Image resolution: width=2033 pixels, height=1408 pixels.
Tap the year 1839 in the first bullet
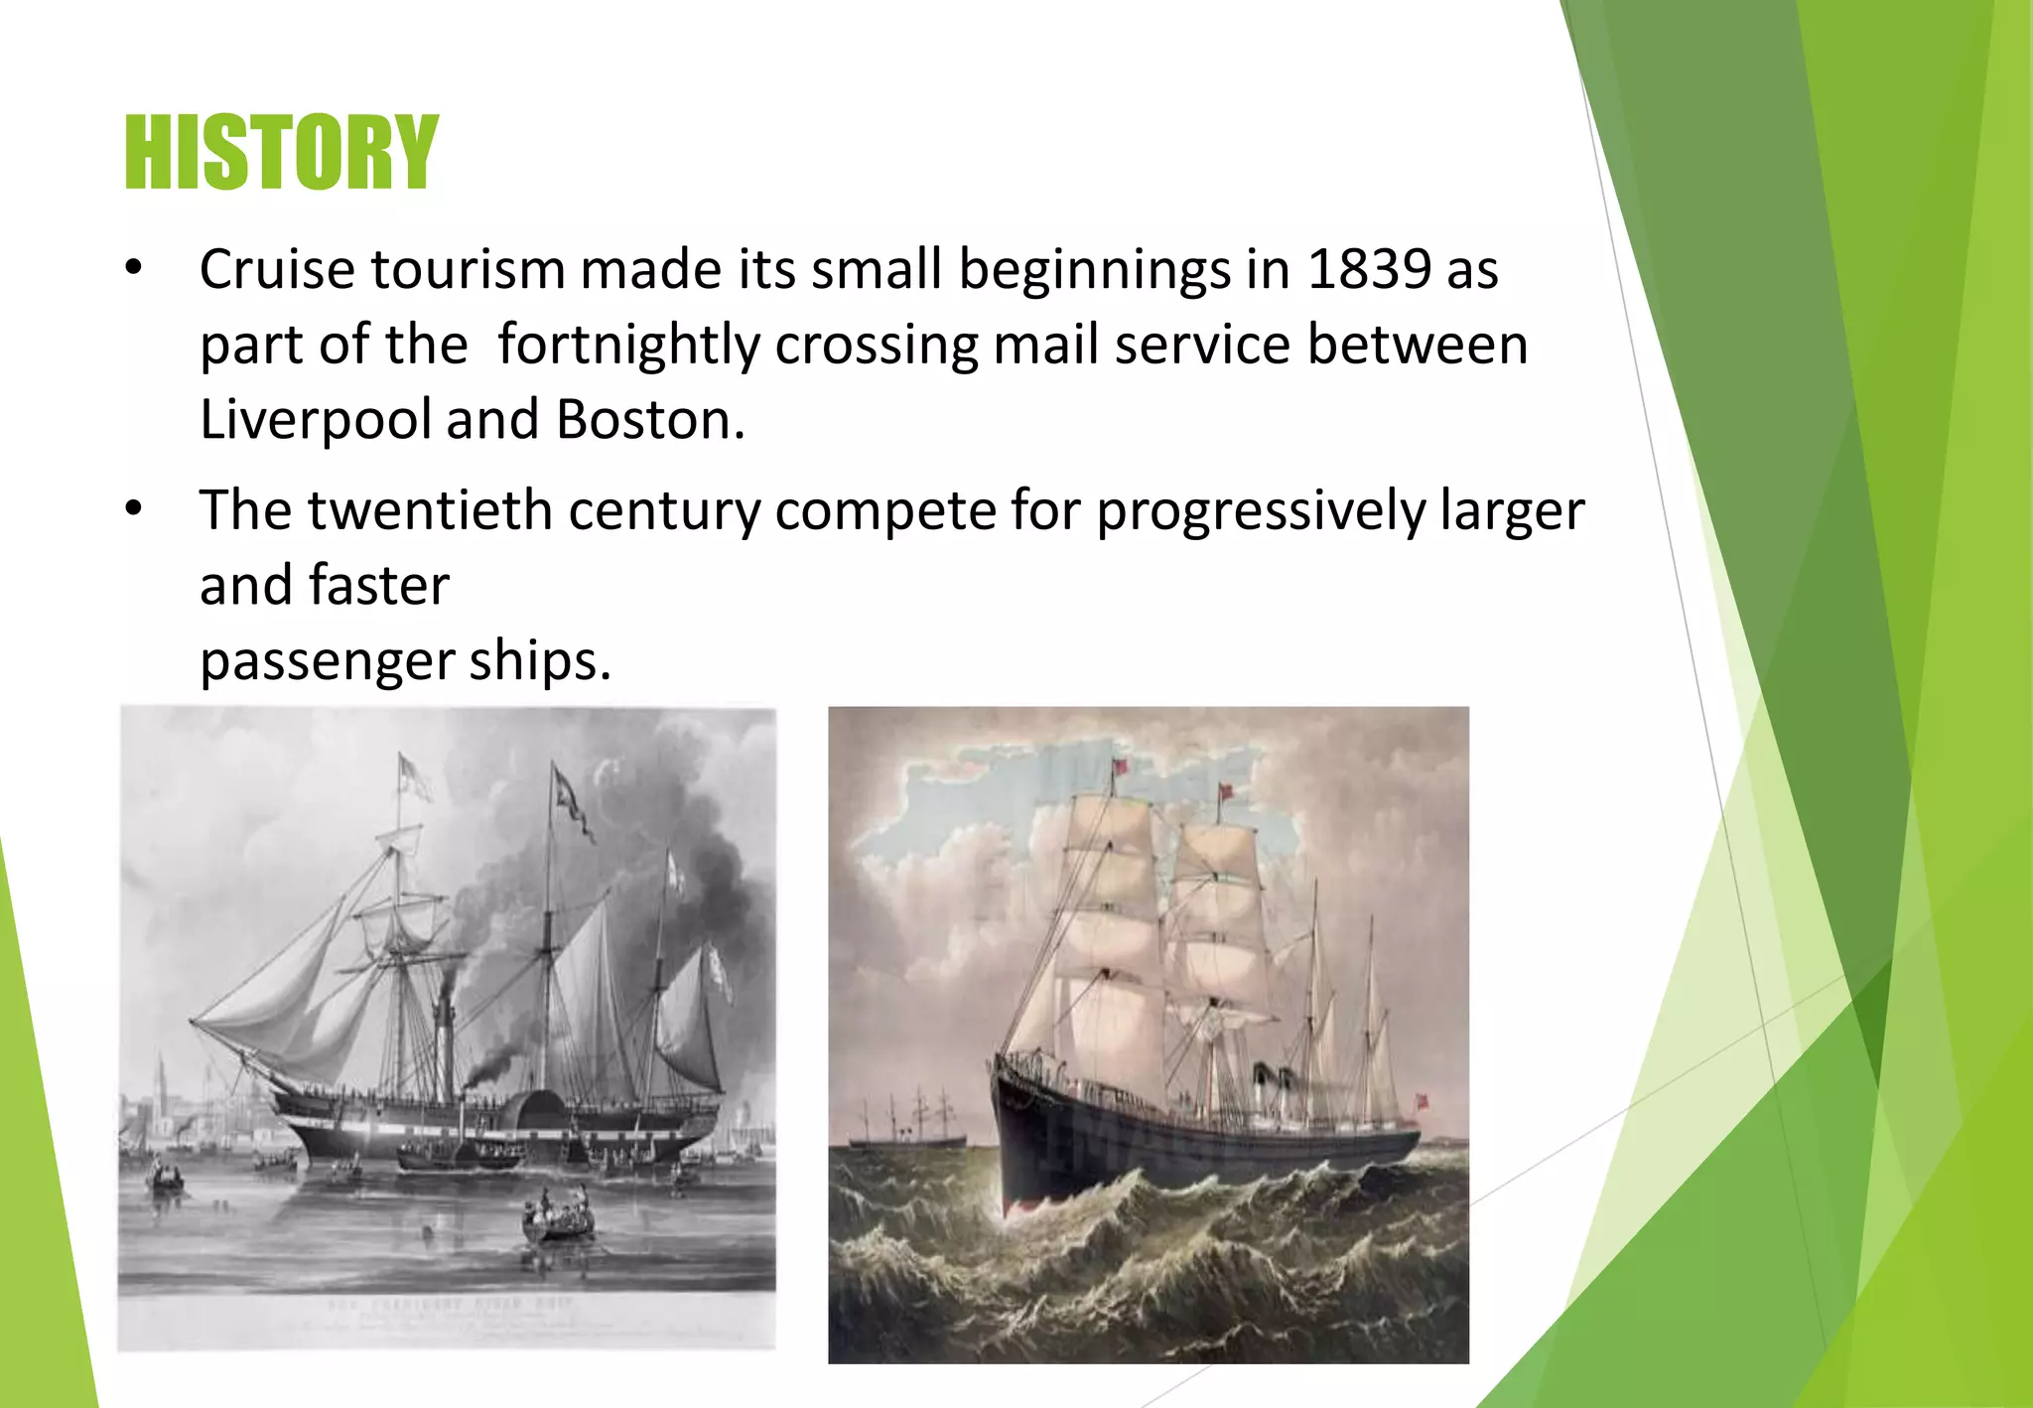[x=1369, y=269]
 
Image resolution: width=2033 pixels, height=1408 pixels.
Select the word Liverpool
[x=316, y=420]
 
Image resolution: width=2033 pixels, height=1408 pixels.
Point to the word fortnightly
[x=628, y=345]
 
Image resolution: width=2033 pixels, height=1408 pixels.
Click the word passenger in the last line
[x=327, y=662]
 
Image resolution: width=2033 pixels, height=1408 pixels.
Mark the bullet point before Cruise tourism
[x=134, y=268]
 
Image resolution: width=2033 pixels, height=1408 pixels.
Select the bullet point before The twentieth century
[x=134, y=509]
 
